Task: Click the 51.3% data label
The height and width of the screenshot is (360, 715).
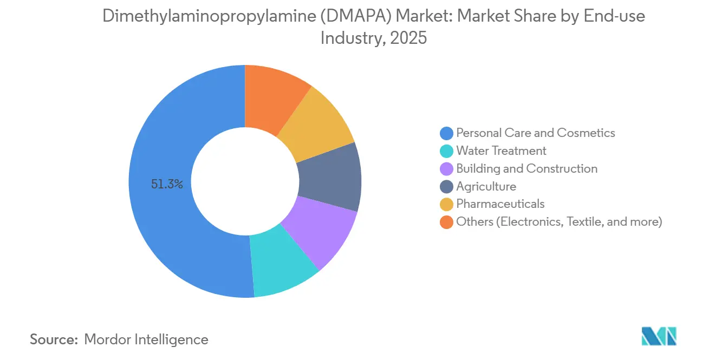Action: (167, 185)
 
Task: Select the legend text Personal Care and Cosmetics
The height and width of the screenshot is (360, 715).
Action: (535, 133)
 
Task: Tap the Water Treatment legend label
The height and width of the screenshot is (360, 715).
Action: (501, 150)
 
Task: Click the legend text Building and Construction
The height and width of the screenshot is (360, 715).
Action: (526, 168)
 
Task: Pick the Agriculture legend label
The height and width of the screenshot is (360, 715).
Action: (486, 186)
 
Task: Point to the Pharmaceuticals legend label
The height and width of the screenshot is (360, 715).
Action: (500, 204)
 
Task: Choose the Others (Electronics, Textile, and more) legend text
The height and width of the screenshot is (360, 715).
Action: (559, 221)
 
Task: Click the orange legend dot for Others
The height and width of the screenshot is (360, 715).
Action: (446, 222)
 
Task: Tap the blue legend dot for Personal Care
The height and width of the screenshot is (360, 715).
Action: (446, 133)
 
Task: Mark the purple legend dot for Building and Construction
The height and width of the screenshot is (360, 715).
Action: (446, 169)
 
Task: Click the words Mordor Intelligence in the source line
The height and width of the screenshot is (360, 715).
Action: (146, 339)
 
